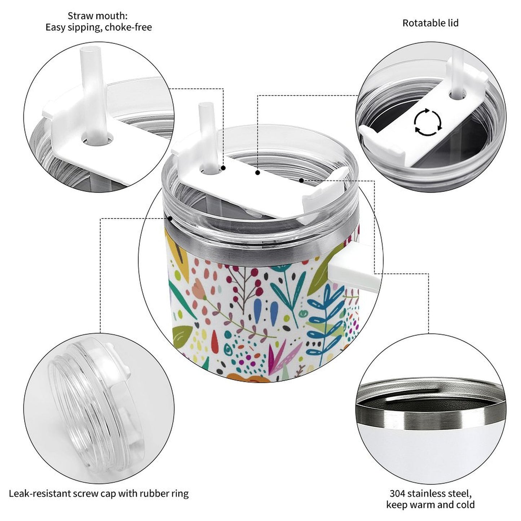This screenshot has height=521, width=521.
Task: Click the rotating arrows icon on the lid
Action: pos(428,122)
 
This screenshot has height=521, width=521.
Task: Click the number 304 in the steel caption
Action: pos(397,494)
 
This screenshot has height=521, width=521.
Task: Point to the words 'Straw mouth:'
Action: pos(97,16)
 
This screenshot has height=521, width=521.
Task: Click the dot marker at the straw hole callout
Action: pos(223,168)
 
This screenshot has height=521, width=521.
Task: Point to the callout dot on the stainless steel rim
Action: pos(170,218)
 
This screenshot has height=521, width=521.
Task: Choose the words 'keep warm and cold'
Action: pos(431,504)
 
